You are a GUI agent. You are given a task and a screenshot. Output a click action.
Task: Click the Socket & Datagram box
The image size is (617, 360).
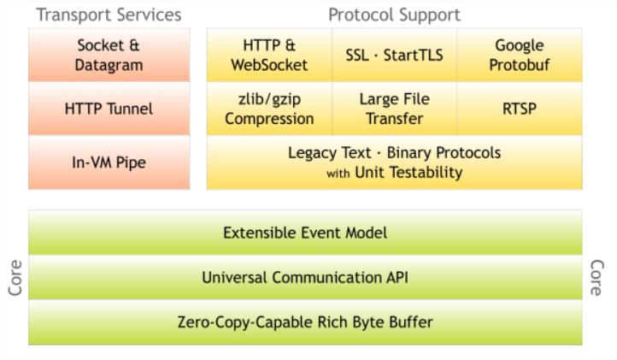pyautogui.click(x=109, y=55)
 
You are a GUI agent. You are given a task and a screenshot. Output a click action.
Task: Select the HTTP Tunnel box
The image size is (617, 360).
pyautogui.click(x=109, y=109)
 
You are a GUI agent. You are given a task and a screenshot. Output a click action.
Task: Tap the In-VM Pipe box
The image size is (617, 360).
pyautogui.click(x=109, y=162)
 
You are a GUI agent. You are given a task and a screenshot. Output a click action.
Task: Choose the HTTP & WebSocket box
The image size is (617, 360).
pyautogui.click(x=268, y=55)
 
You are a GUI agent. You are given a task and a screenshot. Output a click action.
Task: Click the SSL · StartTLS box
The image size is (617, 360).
pyautogui.click(x=394, y=55)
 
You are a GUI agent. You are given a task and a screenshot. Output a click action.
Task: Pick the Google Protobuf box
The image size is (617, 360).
pyautogui.click(x=519, y=55)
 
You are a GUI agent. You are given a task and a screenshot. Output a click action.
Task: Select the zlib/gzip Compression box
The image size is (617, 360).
pyautogui.click(x=268, y=109)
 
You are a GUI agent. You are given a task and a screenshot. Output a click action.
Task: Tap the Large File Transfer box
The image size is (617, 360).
pyautogui.click(x=394, y=109)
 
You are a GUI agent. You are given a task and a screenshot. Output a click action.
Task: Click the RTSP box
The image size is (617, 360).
pyautogui.click(x=519, y=109)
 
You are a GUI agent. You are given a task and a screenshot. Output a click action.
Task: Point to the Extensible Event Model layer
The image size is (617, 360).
pyautogui.click(x=305, y=233)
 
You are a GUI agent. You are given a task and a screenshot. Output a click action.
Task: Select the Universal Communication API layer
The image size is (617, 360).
pyautogui.click(x=305, y=278)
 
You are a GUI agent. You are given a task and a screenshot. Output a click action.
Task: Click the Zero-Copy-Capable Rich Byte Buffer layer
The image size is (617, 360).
pyautogui.click(x=305, y=322)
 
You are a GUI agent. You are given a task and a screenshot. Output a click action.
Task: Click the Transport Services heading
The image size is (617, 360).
pyautogui.click(x=109, y=15)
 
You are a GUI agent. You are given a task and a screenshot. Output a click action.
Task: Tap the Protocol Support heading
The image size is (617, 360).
pyautogui.click(x=394, y=15)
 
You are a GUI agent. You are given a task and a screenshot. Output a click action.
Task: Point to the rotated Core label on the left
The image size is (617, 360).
pyautogui.click(x=15, y=278)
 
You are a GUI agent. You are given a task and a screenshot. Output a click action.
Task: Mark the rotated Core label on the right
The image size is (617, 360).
pyautogui.click(x=596, y=278)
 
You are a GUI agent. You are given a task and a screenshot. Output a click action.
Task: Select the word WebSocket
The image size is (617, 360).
pyautogui.click(x=269, y=65)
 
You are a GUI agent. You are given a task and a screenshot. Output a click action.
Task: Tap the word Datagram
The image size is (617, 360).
pyautogui.click(x=109, y=65)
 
